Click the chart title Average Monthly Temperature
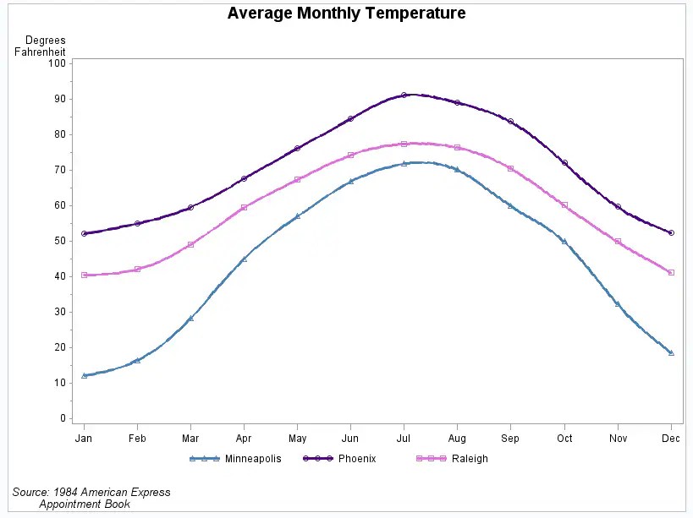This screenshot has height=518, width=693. tap(346, 14)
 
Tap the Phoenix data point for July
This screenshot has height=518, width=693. tap(404, 95)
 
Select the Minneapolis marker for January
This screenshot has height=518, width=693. tap(84, 375)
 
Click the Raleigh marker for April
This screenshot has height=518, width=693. tap(244, 207)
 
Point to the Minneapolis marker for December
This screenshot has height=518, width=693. tap(671, 352)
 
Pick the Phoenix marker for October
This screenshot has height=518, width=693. tap(564, 162)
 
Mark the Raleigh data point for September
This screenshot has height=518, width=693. tap(510, 168)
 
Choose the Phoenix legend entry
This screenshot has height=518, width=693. tap(356, 459)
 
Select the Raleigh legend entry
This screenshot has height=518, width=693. tap(469, 459)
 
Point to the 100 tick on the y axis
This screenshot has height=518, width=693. tap(57, 63)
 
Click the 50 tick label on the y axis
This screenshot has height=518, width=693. tap(59, 241)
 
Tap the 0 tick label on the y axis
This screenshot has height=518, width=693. tap(62, 418)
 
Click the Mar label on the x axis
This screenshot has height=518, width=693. tap(190, 439)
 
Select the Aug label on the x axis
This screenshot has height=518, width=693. tap(457, 439)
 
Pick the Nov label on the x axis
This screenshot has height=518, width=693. tap(618, 439)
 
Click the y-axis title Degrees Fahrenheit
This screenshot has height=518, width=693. tap(41, 46)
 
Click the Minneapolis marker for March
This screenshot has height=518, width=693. tap(190, 319)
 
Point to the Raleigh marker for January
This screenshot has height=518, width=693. tap(84, 275)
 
